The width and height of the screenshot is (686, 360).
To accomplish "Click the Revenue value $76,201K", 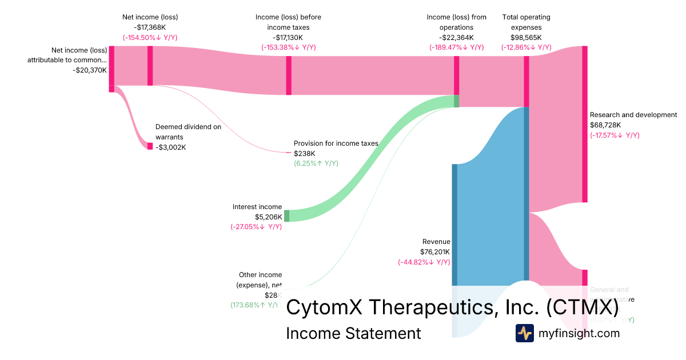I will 435,252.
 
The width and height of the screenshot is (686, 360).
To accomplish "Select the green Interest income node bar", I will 286,216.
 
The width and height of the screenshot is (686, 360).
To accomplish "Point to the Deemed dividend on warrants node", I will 150,146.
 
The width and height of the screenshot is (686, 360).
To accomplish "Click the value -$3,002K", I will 170,147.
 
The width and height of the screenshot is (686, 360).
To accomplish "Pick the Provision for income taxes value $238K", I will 305,153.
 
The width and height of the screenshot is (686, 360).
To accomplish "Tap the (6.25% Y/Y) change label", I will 316,163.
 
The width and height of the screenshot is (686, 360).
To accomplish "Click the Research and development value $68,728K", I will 605,125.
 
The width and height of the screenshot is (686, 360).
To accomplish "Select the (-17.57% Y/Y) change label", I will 615,135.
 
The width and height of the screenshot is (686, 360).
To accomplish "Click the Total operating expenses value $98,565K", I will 526,37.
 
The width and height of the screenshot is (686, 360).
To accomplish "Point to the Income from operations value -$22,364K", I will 456,37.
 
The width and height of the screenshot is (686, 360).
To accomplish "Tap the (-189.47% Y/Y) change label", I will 456,47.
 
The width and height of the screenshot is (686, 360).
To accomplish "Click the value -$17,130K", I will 288,37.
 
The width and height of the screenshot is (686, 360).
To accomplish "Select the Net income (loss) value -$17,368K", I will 150,27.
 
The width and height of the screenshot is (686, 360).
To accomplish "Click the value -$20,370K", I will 90,70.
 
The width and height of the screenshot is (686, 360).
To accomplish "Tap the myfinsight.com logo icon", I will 524,333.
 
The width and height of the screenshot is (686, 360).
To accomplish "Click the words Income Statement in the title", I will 353,333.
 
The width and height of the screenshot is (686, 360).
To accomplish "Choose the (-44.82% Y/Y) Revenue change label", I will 424,262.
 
